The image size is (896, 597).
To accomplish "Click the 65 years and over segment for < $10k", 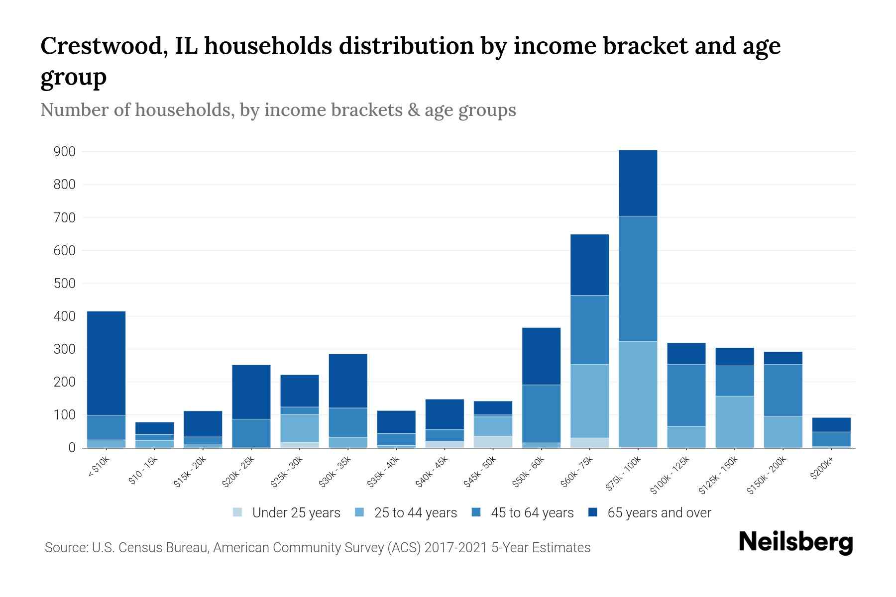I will click(106, 363).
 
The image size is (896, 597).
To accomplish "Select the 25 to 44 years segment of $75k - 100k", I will click(638, 394).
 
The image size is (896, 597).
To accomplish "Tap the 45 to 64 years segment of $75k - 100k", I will click(638, 279).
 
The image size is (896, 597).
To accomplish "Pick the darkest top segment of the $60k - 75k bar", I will click(589, 265).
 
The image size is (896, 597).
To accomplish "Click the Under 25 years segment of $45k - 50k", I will click(493, 442).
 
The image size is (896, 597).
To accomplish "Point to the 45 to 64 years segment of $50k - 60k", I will click(541, 413).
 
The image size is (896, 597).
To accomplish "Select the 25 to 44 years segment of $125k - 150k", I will click(734, 421).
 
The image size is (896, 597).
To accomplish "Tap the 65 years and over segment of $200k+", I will click(831, 424).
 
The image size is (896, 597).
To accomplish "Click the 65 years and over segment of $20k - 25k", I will click(251, 392).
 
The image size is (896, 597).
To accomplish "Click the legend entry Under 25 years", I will click(296, 513).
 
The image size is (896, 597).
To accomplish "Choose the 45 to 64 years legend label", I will click(532, 513).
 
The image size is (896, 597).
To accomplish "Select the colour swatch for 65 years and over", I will click(593, 512).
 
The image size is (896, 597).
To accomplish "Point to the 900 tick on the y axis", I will click(64, 151).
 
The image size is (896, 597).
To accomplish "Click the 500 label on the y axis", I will click(64, 284).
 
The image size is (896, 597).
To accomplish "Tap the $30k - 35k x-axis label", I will click(335, 472).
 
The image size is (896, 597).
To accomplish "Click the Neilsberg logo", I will click(795, 542).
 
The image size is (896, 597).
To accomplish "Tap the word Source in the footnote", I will click(65, 548).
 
